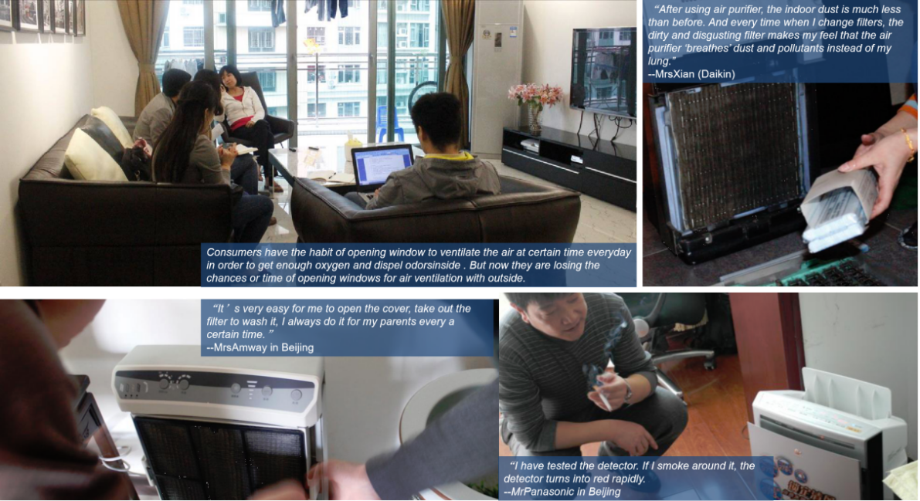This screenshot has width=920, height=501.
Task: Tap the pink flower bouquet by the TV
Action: [535, 96]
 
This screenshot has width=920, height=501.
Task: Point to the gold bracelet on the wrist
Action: [908, 143]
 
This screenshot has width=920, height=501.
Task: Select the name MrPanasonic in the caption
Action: [540, 492]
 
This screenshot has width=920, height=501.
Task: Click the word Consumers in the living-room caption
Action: [233, 252]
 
